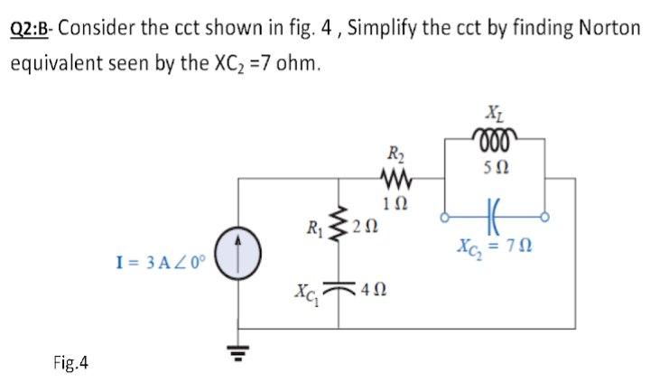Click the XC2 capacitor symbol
click(x=494, y=217)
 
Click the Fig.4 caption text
click(x=70, y=363)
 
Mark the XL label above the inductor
click(x=494, y=114)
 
